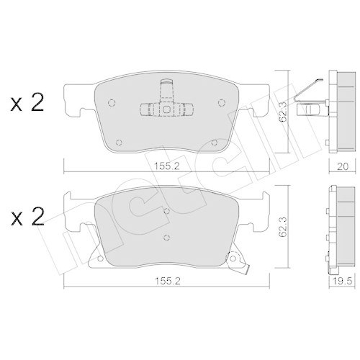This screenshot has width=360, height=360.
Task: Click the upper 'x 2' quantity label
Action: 27,103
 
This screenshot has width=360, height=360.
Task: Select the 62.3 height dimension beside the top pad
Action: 286,111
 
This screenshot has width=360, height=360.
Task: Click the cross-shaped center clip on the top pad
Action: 165,108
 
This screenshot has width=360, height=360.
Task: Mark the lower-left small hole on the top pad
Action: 121,141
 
